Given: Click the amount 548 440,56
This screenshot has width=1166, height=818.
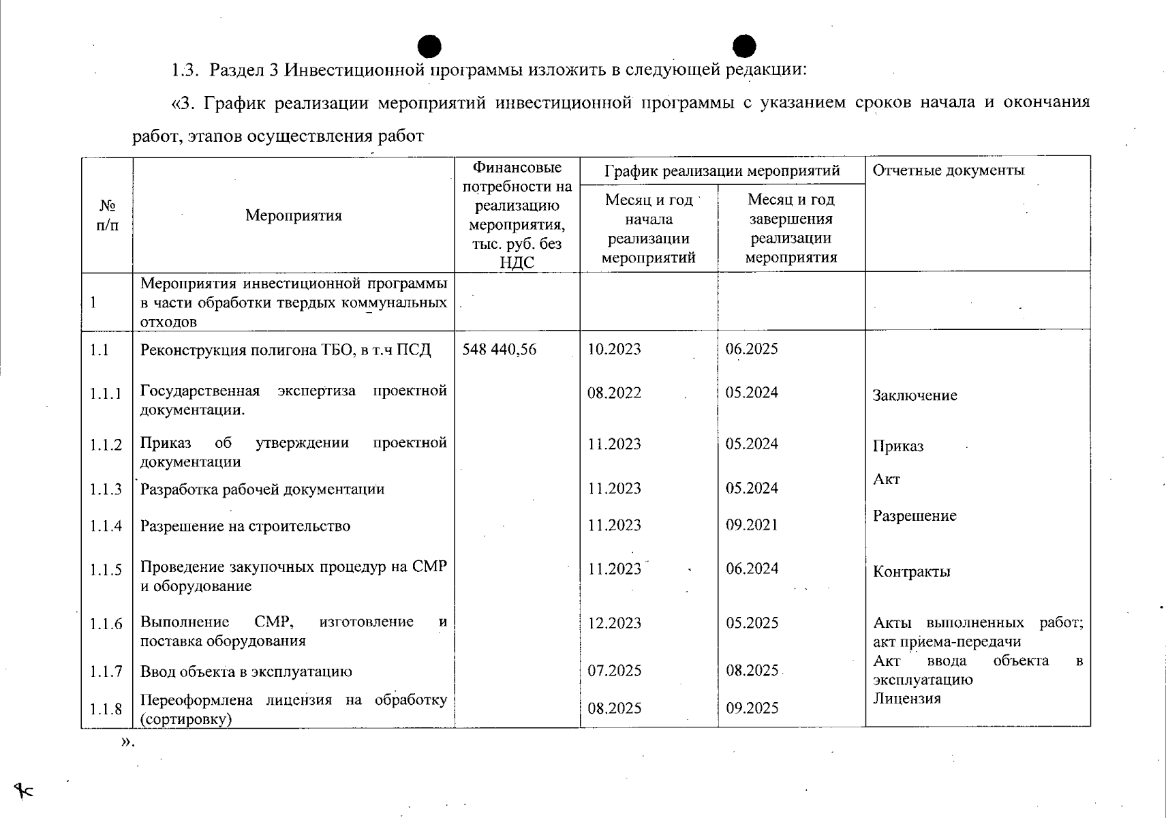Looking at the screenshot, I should click(499, 350).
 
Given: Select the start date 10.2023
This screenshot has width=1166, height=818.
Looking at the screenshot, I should click(614, 350).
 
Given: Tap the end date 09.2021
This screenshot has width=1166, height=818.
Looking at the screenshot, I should click(752, 525).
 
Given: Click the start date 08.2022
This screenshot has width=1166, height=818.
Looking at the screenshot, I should click(614, 393).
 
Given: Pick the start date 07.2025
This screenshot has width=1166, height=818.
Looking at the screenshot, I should click(614, 671).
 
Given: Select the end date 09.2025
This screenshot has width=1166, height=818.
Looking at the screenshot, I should click(752, 708).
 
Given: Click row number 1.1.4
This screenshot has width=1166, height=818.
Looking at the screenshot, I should click(106, 526).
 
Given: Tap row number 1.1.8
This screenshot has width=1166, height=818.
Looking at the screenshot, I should click(106, 709).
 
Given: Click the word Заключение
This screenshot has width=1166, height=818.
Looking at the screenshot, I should click(915, 396).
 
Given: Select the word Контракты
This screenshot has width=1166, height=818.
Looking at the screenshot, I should click(911, 572).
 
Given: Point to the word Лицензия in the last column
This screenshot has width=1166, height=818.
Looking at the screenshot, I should click(906, 699).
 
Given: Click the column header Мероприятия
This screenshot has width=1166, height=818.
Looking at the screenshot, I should click(293, 216).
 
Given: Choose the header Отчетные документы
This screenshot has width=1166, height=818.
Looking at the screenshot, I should click(948, 170).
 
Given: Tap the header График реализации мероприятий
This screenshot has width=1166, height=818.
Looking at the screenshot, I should click(722, 170).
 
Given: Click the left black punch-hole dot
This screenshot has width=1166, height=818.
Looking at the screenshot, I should click(429, 46).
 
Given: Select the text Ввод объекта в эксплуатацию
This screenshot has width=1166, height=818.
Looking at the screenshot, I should click(246, 671).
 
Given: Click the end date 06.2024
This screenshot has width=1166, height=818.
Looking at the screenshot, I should click(752, 569).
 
